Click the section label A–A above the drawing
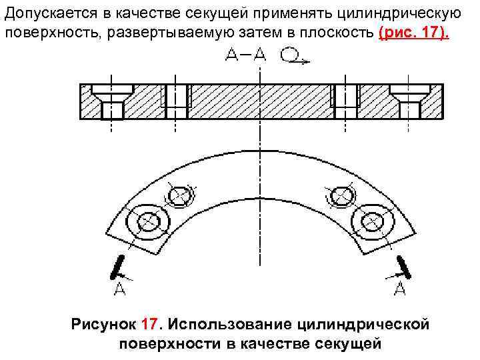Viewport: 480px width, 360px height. (245, 57)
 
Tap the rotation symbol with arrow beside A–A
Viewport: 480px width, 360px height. (292, 57)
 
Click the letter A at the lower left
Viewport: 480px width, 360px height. (119, 289)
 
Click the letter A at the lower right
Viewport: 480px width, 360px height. (401, 289)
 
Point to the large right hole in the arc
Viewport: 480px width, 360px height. (369, 219)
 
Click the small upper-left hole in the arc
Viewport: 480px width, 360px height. (180, 196)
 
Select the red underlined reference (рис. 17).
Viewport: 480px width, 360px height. (413, 33)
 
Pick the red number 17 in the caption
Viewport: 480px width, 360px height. (151, 325)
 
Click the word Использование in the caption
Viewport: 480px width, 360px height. (234, 325)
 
